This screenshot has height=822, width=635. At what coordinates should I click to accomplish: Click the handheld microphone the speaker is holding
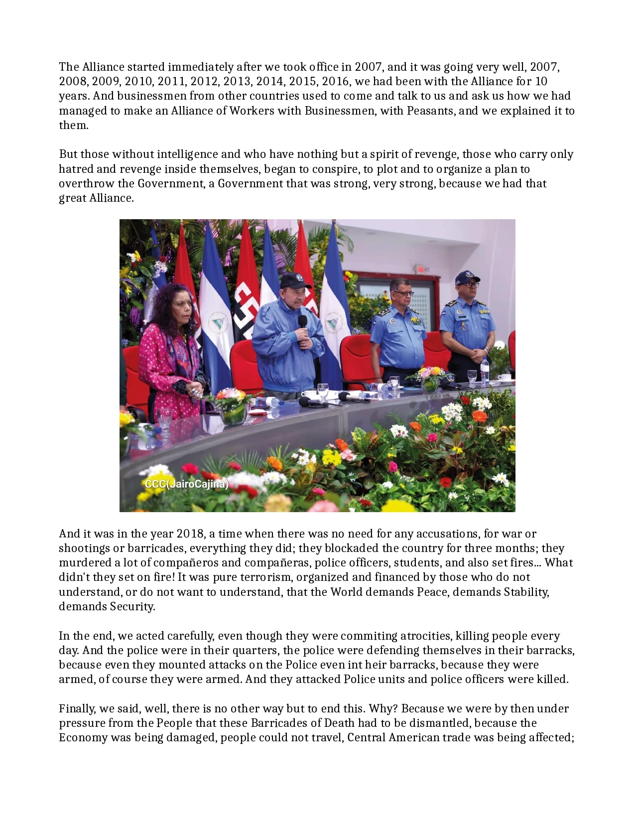tap(302, 322)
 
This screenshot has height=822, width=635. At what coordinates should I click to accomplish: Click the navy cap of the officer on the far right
tap(466, 277)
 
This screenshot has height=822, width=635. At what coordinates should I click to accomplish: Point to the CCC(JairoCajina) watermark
tap(186, 484)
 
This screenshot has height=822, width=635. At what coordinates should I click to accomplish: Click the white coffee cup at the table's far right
tap(505, 377)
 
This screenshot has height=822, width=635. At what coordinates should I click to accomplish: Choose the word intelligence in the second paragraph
tap(188, 154)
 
